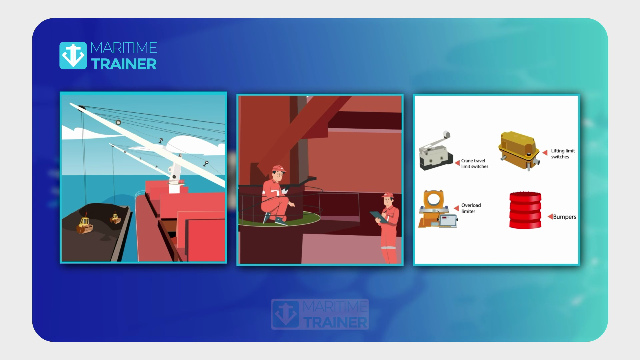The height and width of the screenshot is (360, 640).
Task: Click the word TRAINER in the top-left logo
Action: [124, 64]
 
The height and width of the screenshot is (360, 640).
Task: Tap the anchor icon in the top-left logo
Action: [73, 55]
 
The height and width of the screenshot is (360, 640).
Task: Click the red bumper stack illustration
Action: [525, 210]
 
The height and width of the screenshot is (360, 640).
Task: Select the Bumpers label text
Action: [564, 217]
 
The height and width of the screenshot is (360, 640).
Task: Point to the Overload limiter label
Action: [471, 208]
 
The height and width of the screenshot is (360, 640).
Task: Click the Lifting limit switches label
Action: [563, 154]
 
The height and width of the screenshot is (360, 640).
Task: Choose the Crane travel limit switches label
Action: [475, 163]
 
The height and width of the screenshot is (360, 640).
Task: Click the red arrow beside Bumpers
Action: [550, 217]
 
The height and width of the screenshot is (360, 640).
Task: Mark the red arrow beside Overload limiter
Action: [456, 208]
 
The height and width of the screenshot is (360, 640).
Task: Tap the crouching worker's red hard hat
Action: [279, 168]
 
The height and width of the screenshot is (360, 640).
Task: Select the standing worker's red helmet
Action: [388, 195]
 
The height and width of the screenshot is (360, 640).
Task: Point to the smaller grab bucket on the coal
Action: [115, 219]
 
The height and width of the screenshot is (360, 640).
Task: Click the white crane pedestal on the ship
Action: [174, 182]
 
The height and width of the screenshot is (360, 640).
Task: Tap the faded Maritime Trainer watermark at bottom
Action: [320, 314]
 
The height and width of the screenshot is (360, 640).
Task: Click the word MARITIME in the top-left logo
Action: [124, 48]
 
